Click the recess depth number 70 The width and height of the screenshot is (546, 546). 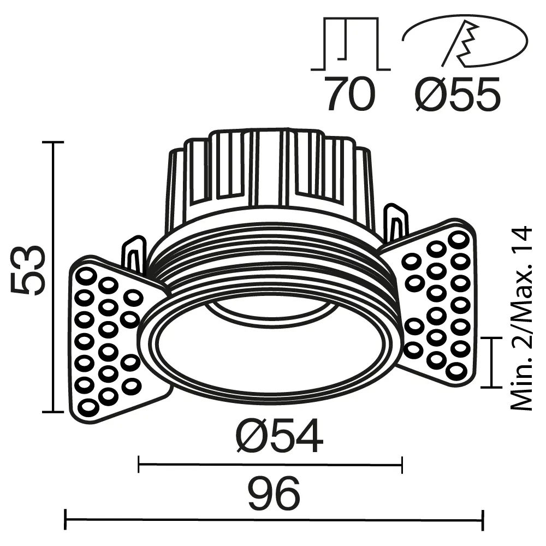(x=350, y=94)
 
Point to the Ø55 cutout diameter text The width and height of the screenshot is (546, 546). (x=457, y=94)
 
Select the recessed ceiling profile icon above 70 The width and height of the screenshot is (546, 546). (x=351, y=44)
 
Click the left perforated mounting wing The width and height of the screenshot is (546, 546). (x=109, y=339)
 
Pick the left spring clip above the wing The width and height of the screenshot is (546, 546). (x=134, y=253)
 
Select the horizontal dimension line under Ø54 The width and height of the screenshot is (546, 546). (x=270, y=465)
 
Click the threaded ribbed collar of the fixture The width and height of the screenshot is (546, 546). (x=273, y=257)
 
